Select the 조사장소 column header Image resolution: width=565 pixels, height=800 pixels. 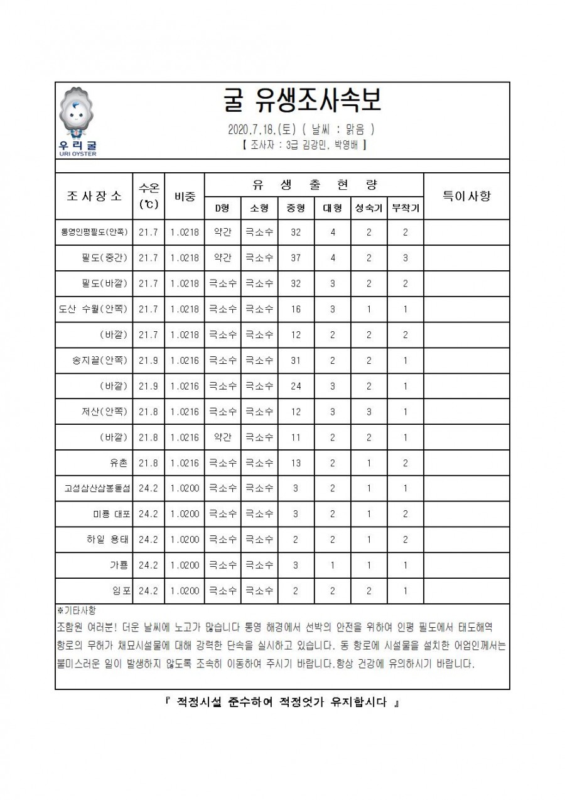tap(94, 195)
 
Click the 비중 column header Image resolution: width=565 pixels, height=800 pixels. tap(185, 195)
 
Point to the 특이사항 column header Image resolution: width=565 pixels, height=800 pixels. tap(466, 195)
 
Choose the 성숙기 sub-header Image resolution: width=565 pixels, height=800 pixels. tap(369, 208)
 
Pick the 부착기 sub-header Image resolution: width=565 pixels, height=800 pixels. tap(405, 208)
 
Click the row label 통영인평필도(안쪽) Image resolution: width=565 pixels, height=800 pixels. tap(94, 232)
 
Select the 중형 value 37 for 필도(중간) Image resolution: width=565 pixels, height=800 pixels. tap(296, 258)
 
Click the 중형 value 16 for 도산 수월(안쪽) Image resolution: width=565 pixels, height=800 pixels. tap(296, 309)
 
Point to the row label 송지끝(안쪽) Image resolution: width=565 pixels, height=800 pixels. tap(100, 361)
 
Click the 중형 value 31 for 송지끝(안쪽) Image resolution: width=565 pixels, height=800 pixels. tap(296, 361)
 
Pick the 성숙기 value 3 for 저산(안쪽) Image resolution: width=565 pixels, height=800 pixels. tap(369, 412)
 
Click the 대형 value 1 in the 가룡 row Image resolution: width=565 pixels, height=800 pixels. tap(332, 566)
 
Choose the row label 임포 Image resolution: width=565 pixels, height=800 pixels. tap(122, 591)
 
